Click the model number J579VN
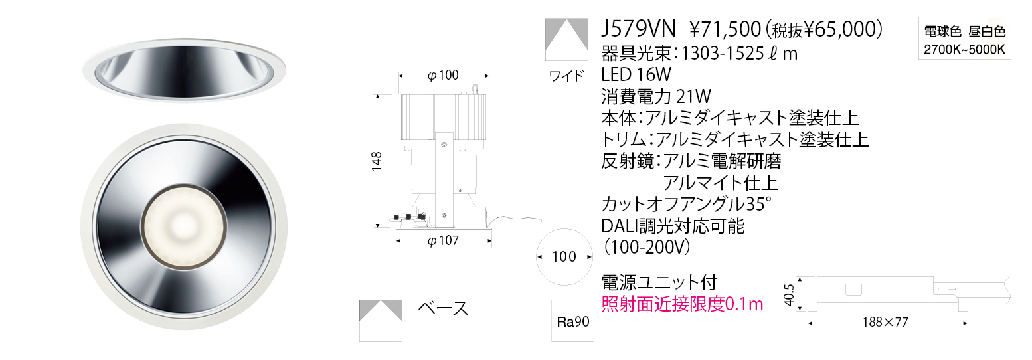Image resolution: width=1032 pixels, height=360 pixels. (638, 29)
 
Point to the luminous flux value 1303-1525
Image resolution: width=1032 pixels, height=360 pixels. (723, 54)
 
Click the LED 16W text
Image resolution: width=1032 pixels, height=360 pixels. (636, 74)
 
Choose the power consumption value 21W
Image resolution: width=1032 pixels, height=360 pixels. (693, 96)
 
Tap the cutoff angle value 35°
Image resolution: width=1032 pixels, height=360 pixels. (758, 203)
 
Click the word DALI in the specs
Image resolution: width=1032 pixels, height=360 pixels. (620, 226)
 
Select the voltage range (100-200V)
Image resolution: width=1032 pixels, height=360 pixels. (646, 248)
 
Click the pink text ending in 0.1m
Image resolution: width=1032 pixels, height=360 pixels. (682, 304)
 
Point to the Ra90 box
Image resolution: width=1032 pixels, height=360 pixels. (572, 321)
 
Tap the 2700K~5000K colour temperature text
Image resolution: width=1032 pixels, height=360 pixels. (964, 50)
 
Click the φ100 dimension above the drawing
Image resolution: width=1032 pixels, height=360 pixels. (443, 75)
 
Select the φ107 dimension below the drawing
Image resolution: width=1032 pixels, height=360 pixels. (443, 240)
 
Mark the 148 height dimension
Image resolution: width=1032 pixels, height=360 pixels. (377, 161)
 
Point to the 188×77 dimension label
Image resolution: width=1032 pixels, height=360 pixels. (885, 322)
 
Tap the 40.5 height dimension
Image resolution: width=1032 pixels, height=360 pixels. (789, 294)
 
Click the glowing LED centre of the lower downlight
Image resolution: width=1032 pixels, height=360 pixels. (183, 226)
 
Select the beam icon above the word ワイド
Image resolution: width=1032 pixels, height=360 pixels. (566, 40)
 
